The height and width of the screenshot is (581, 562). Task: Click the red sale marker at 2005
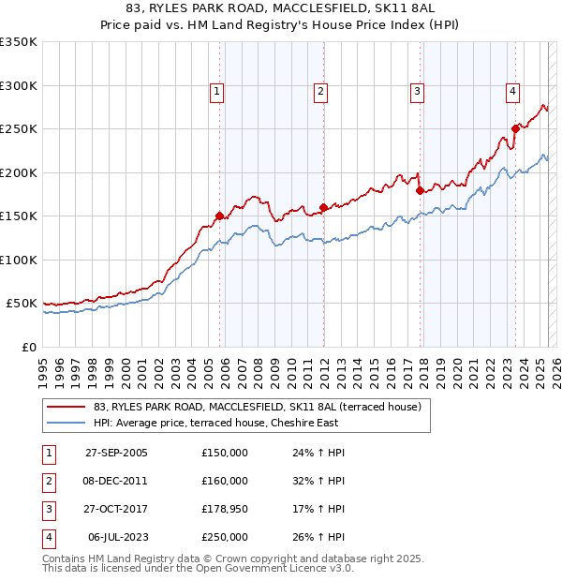220,216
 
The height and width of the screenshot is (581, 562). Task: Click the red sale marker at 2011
323,207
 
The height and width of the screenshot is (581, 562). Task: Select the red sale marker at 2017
420,191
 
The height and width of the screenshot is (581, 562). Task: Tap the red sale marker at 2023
515,128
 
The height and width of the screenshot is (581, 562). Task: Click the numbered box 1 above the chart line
216,91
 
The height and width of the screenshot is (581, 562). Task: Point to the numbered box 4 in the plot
513,91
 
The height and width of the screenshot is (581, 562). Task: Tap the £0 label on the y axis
28,347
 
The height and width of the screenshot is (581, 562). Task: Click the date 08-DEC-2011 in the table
116,481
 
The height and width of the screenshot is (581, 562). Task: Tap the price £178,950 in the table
225,509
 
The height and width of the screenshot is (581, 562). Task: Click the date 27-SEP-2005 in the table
116,453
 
